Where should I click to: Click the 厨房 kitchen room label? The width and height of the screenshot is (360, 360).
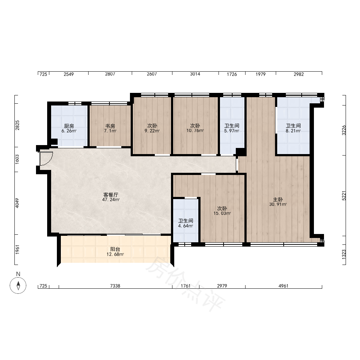pos(69,126)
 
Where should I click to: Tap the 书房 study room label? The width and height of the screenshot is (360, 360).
pos(110,126)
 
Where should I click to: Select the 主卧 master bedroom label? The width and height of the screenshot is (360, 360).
pos(278,199)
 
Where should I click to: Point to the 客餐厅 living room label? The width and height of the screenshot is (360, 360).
pos(111,195)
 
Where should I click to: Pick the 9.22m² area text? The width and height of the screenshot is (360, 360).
pos(152,131)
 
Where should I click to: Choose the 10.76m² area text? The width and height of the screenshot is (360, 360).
pos(195,131)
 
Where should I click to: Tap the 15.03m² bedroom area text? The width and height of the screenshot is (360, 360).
pos(222,213)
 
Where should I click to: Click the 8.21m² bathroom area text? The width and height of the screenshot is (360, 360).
pos(293,131)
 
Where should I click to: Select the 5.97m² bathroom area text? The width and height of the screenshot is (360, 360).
pos(231,131)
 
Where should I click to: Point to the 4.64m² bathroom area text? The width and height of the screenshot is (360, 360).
pos(185,226)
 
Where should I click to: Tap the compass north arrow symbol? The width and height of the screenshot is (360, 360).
pos(18,285)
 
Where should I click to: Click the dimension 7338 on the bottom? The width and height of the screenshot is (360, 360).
pos(115,286)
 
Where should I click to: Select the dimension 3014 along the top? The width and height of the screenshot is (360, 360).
pos(195,74)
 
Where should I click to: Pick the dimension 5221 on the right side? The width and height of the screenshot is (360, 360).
pos(344,196)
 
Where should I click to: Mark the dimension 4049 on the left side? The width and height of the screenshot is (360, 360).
pos(17,203)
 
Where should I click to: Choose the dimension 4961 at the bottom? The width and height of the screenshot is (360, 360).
pos(283,286)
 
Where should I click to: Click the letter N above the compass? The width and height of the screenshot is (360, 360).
pos(18,274)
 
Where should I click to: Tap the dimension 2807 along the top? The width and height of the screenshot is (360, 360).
pos(110,74)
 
